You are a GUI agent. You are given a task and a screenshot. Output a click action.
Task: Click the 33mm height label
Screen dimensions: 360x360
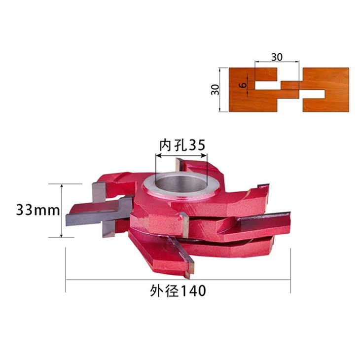pyautogui.click(x=38, y=210)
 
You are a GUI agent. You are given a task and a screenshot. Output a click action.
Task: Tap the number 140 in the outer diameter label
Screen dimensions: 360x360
pyautogui.click(x=193, y=291)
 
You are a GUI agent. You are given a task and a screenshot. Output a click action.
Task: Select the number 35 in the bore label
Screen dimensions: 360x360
pyautogui.click(x=197, y=145)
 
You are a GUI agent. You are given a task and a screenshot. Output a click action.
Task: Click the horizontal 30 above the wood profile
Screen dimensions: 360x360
pyautogui.click(x=277, y=57)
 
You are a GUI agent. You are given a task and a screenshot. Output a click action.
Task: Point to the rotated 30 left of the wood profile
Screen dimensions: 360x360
pyautogui.click(x=215, y=90)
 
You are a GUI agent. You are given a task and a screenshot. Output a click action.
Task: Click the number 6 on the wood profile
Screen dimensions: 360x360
pyautogui.click(x=243, y=85)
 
